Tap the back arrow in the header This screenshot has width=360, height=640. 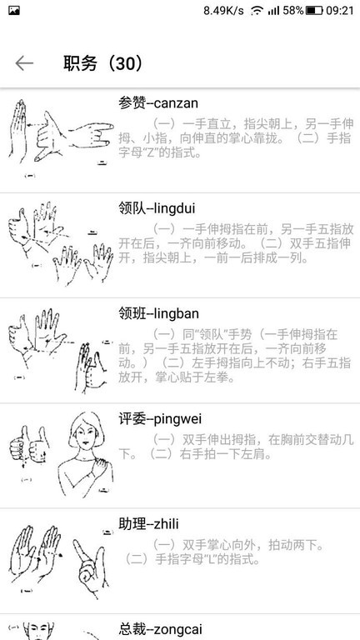pos(24,63)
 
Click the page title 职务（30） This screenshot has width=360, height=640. pos(103,63)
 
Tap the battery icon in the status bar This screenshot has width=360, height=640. pos(314,11)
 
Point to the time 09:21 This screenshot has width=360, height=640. pos(340,11)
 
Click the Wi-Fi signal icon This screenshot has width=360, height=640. pos(257,11)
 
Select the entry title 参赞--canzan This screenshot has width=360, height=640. pos(158,102)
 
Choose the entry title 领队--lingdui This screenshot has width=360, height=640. pos(157,208)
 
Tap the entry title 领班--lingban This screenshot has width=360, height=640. pos(159,313)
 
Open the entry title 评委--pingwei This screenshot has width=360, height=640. pos(160,419)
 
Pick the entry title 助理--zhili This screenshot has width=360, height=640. pos(148,523)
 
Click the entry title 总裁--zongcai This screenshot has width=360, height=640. pos(160,629)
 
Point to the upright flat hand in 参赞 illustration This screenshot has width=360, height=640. pos(18,131)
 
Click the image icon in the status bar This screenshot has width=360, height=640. pos(14,11)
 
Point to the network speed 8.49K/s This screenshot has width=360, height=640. pos(223,11)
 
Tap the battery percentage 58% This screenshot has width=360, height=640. pos(293,11)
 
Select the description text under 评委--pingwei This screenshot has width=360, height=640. pos(236,447)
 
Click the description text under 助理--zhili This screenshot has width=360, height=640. pos(223,552)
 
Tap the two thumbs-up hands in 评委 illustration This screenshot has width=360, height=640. pos(28,446)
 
